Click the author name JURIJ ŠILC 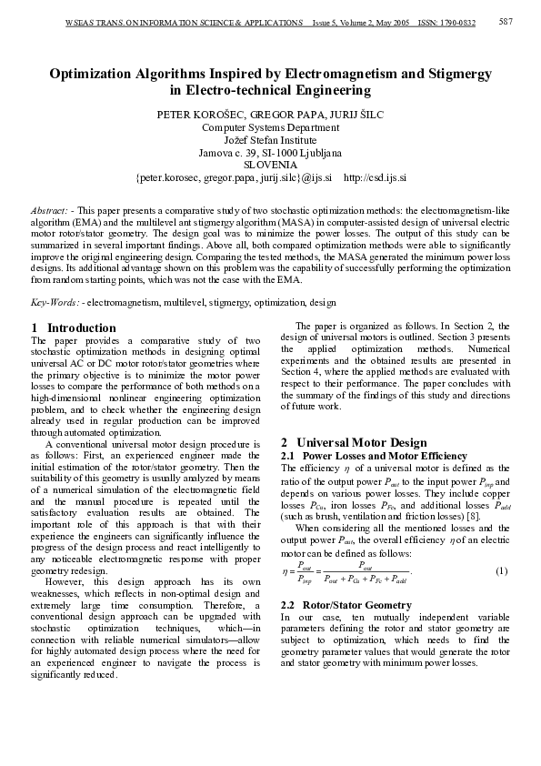pos(355,116)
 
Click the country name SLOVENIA pos(270,166)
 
